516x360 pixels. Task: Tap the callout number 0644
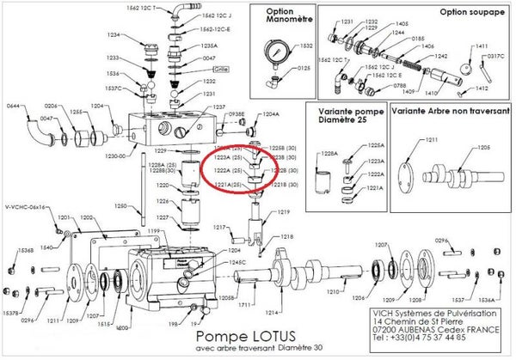click(13, 106)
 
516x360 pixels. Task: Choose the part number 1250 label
click(121, 206)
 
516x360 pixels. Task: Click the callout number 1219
click(285, 211)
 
